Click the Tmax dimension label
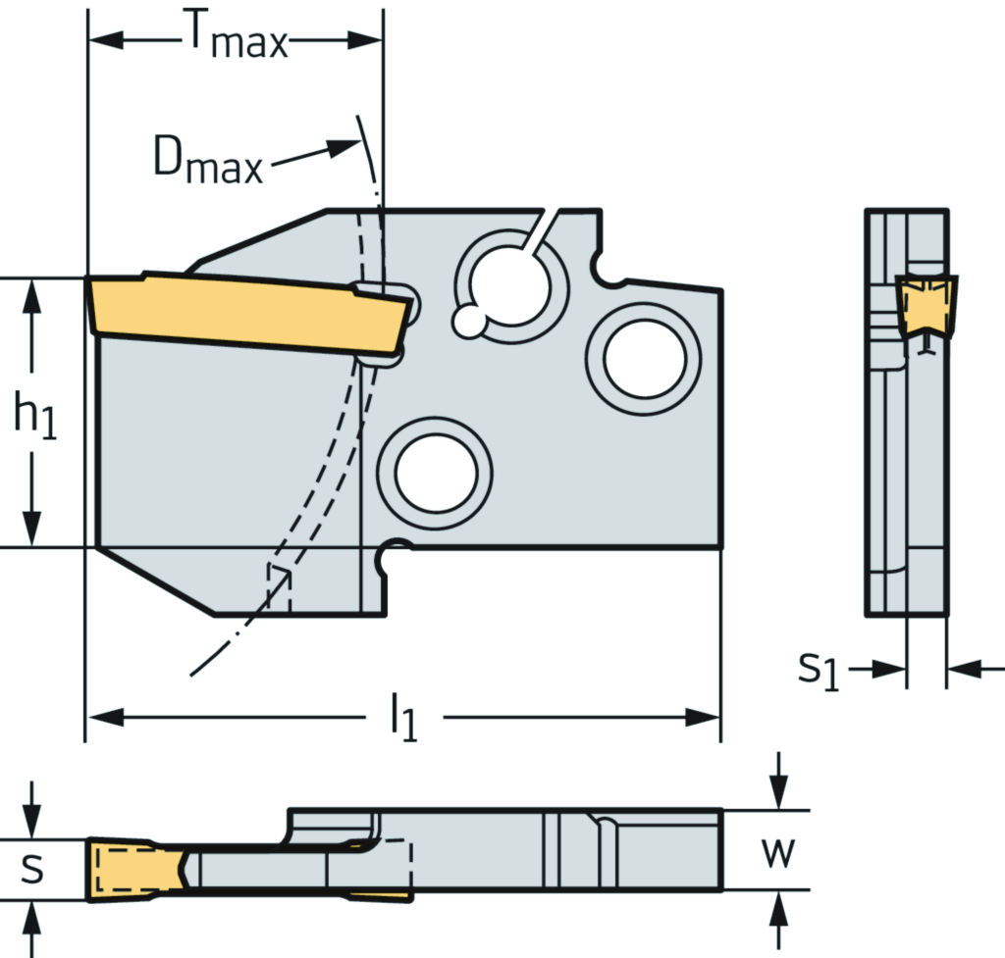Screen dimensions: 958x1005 [x=236, y=39]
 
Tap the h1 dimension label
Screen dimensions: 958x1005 [x=35, y=415]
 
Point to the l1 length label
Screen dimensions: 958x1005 [x=402, y=719]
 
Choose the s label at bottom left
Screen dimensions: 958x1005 [x=32, y=867]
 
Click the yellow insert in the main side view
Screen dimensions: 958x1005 [x=245, y=308]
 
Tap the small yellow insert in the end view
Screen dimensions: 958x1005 [x=926, y=304]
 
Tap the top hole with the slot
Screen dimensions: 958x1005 [x=509, y=284]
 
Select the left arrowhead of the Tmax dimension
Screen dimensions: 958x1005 [x=104, y=40]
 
